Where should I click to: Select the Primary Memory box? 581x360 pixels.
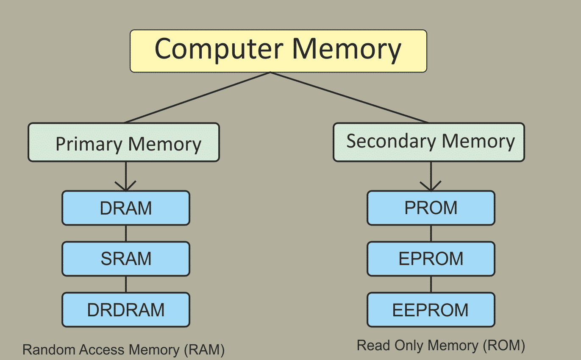point(124,143)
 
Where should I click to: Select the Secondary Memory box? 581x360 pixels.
point(429,142)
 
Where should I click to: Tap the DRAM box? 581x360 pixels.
point(126,208)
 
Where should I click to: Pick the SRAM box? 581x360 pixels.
point(126,259)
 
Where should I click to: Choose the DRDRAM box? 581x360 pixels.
point(126,310)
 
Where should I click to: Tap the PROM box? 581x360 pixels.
point(431,208)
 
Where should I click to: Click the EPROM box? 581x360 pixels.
point(431,259)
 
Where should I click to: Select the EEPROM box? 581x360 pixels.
point(431,310)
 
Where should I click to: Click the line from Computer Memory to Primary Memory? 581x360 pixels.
point(197,98)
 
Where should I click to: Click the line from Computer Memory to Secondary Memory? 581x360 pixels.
point(350,98)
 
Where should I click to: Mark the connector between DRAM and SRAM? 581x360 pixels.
point(125,233)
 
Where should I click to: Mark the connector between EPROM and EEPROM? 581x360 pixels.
point(431,284)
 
